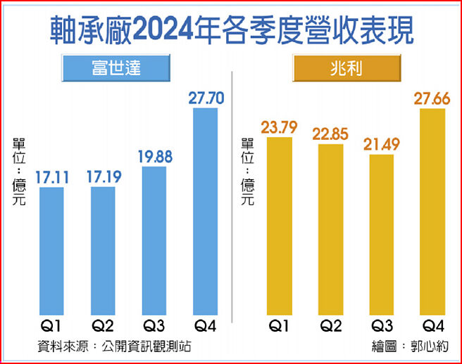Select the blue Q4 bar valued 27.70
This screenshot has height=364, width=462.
[206, 211]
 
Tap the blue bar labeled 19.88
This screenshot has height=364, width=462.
[155, 239]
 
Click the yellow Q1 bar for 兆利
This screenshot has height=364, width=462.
[280, 225]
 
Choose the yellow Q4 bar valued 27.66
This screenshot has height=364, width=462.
[432, 211]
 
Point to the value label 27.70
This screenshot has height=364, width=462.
[206, 98]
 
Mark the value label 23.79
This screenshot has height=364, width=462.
[279, 128]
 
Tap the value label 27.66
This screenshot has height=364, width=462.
[432, 98]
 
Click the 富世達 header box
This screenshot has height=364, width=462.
[116, 68]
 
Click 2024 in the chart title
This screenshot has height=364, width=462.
[168, 30]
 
